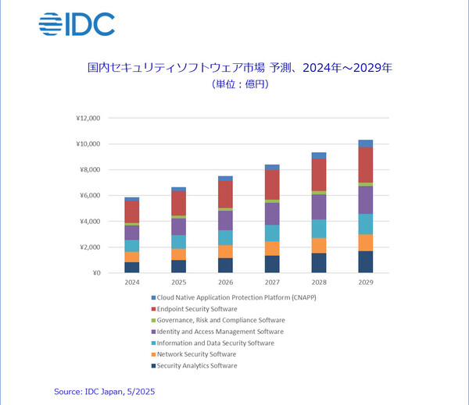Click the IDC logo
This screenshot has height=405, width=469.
coord(77,23)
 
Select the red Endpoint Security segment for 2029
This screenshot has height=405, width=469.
coord(365,165)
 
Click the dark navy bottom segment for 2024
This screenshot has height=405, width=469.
coord(131,267)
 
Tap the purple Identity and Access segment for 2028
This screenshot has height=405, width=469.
coord(319,207)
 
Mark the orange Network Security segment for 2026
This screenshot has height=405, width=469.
coord(225,251)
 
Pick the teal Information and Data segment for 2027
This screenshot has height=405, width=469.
coord(272,233)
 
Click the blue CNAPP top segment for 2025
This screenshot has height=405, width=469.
coord(178,189)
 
